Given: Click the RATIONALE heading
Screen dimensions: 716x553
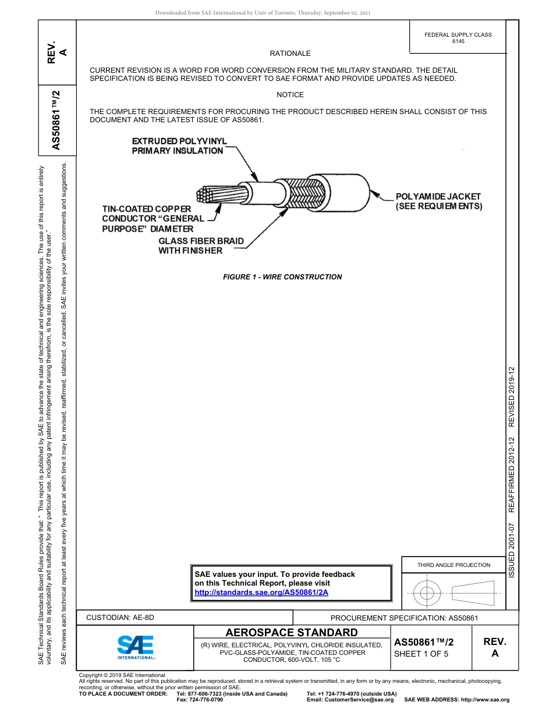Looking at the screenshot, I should coord(290,54).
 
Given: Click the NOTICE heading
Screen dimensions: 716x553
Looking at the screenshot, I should coord(290,95).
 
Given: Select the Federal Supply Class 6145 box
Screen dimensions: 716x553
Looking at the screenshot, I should coord(458,38).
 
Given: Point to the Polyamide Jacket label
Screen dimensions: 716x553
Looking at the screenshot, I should coord(438,201).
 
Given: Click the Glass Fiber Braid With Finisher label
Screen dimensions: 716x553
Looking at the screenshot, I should coord(201,246).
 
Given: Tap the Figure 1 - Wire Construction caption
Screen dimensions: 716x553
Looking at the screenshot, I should coord(282,277).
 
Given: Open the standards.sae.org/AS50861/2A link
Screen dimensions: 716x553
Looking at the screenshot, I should coord(261,592).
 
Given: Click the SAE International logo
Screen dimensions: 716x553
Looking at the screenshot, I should coord(135,647).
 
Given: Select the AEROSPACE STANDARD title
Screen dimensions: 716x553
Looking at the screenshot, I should coord(291,633).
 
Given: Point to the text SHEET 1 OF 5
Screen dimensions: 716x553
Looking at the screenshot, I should coord(421,654).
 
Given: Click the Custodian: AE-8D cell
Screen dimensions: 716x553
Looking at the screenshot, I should coord(120,618).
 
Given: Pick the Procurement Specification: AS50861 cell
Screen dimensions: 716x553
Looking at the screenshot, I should coord(404,618).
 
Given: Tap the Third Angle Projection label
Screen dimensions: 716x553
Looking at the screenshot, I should coord(453,565).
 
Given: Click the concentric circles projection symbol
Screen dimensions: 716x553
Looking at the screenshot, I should coord(427,593).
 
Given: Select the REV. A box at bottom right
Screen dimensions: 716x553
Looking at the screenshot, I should coord(494,647).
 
